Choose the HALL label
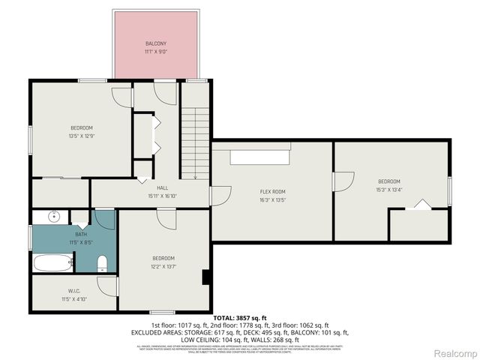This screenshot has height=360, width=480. tap(162, 187)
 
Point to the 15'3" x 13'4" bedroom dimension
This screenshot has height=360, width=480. tap(388, 190)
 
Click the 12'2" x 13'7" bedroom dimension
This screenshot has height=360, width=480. tap(163, 266)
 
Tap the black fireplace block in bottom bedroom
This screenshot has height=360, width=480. tap(205, 277)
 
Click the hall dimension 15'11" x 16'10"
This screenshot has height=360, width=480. tap(162, 196)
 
